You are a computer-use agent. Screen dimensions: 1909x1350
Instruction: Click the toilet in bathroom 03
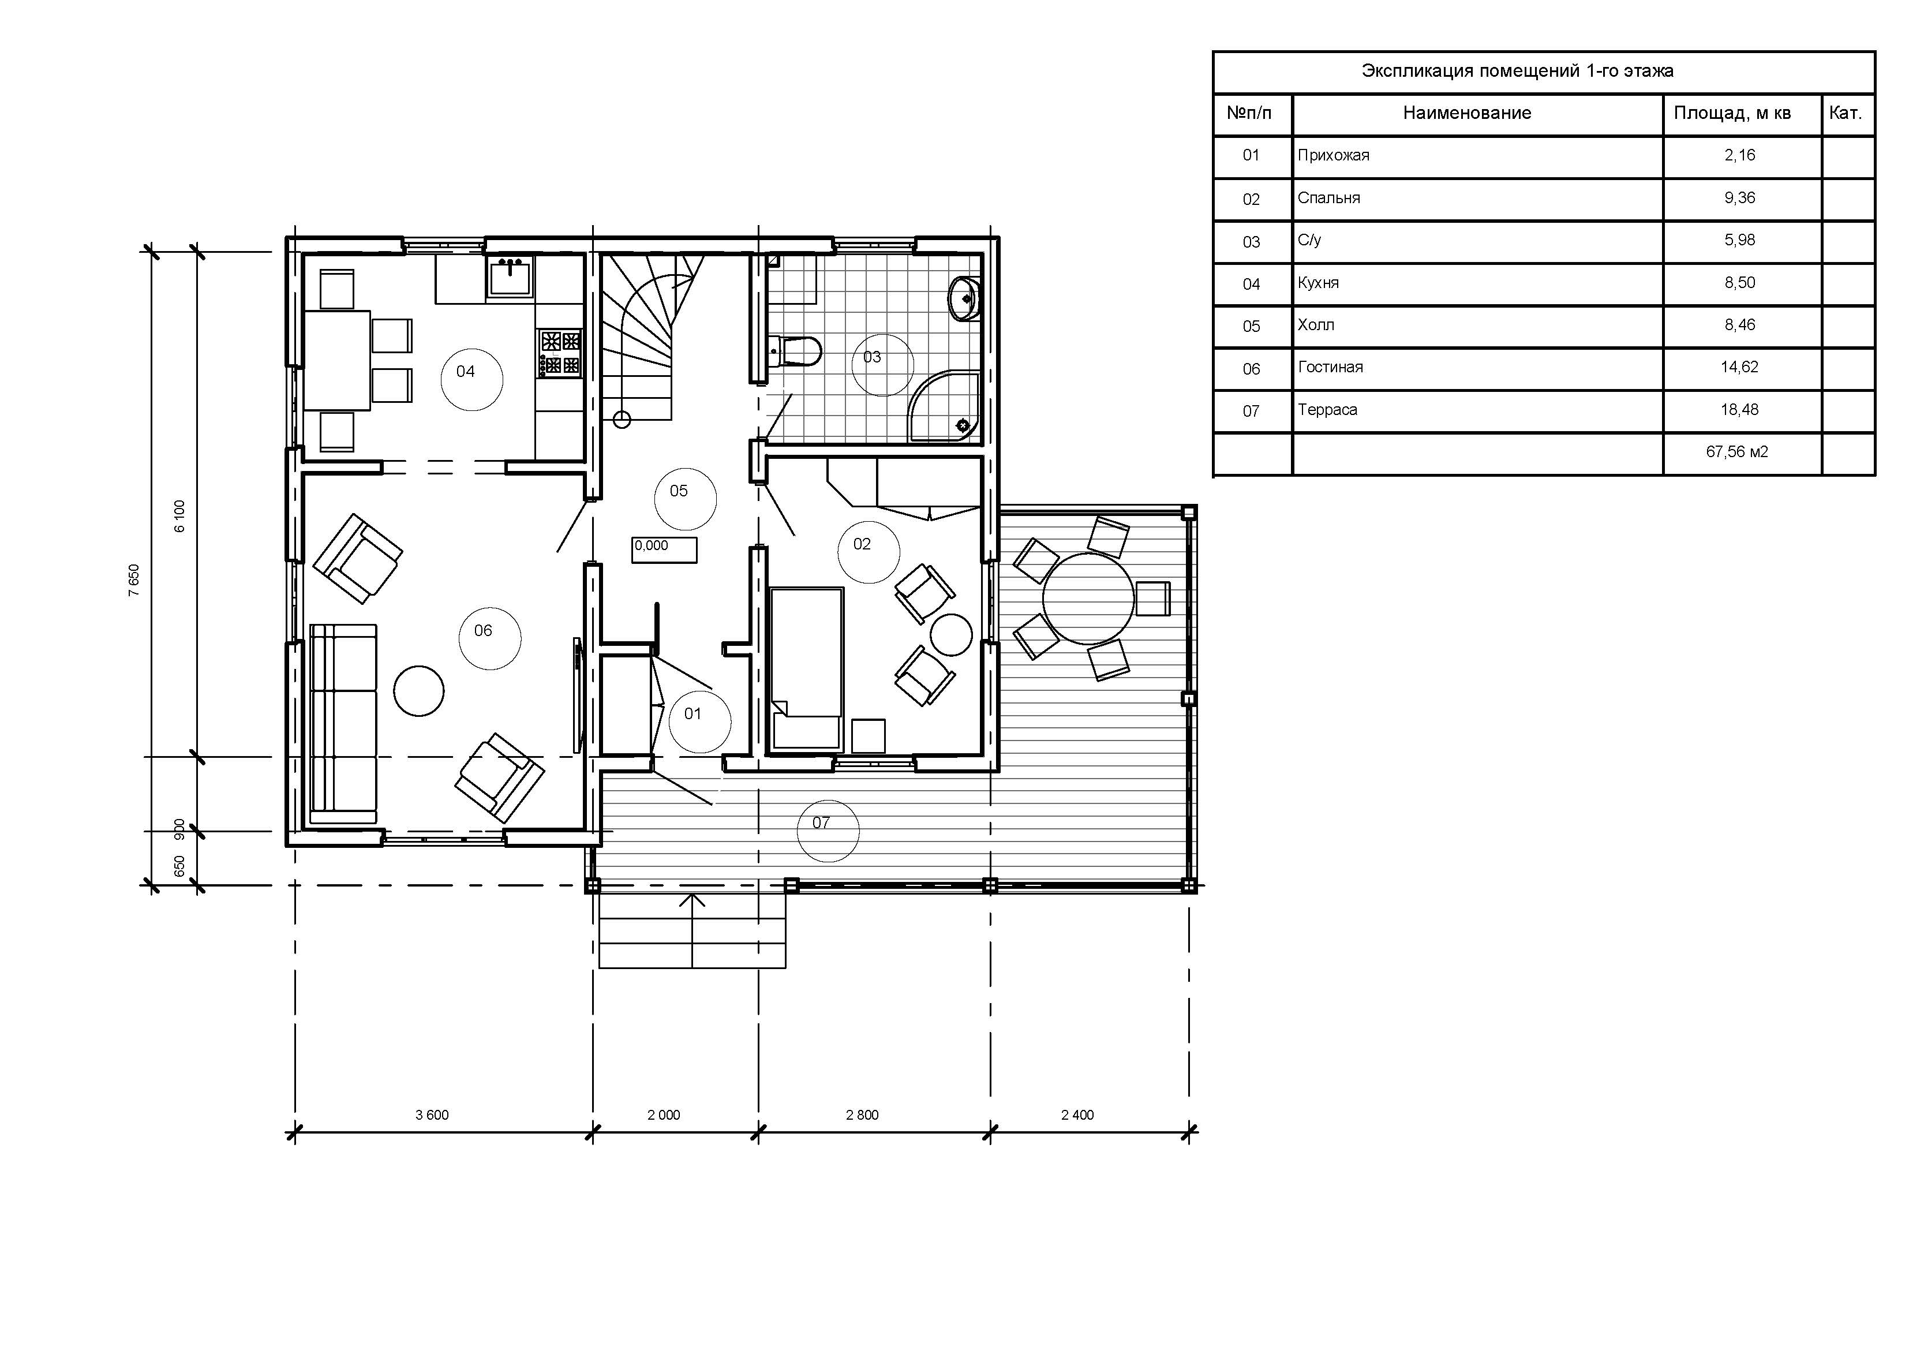point(796,350)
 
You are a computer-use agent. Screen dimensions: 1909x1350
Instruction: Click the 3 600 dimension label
point(432,1115)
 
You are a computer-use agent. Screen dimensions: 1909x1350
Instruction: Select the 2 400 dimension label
point(1077,1115)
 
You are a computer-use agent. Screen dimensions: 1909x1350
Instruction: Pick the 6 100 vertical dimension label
point(179,516)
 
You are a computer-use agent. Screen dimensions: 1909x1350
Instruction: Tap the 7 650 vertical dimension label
point(134,581)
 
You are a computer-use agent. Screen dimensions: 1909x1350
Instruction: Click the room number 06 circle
point(491,638)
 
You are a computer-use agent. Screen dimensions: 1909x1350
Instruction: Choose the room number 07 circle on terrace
point(828,830)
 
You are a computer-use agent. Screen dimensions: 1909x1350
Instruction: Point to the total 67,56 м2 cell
point(1737,452)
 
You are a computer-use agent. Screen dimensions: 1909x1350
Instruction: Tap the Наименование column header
point(1467,113)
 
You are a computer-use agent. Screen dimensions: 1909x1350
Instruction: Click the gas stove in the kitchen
point(560,353)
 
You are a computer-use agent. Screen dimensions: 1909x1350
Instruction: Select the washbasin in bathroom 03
point(964,297)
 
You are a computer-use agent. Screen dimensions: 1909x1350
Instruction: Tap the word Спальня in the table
point(1328,198)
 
